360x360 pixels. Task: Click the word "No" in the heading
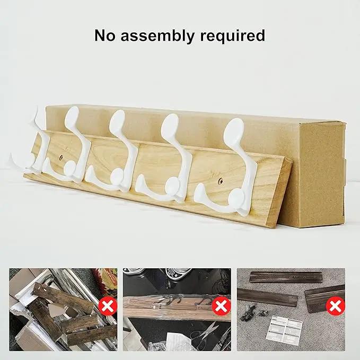(x=104, y=36)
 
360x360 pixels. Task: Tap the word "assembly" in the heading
(x=157, y=36)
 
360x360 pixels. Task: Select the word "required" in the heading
(x=232, y=36)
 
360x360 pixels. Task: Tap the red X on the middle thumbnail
(x=221, y=306)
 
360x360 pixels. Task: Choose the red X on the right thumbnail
(x=336, y=306)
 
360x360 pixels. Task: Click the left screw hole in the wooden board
(x=62, y=157)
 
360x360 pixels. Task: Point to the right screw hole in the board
(x=221, y=181)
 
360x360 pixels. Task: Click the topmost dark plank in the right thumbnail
(x=285, y=278)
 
